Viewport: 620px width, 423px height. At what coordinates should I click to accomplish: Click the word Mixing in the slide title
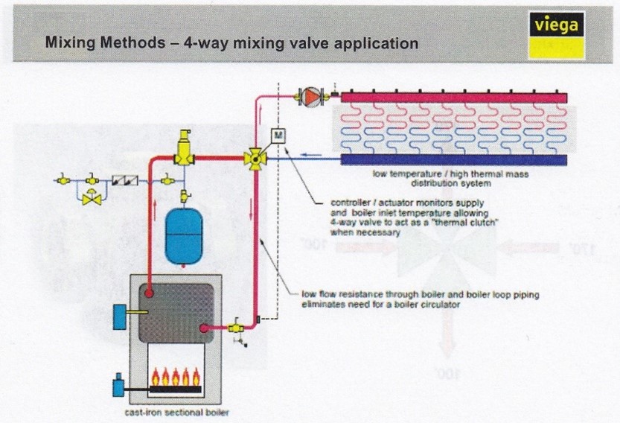69,42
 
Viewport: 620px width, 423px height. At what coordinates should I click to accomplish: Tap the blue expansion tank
182,237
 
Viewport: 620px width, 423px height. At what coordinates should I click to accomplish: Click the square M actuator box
277,135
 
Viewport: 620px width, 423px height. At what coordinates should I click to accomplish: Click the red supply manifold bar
454,98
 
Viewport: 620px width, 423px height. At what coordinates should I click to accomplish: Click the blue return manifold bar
454,159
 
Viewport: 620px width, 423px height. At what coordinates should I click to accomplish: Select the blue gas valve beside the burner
117,387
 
